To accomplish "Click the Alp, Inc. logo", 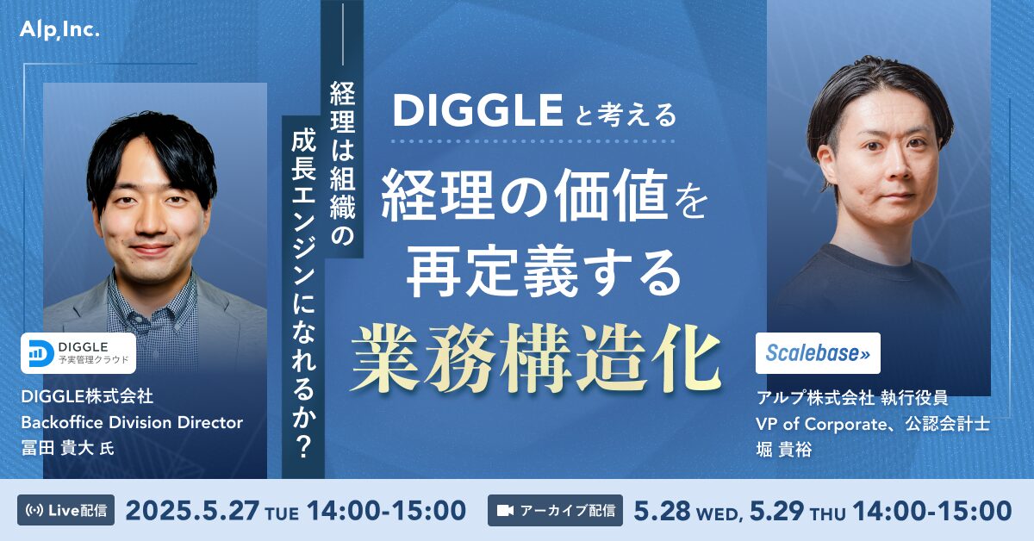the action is click(59, 31).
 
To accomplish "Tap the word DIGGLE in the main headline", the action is click(477, 111).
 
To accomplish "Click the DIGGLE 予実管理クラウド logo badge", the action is click(78, 353).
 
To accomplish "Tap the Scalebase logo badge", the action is click(818, 353).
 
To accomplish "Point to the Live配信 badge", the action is click(66, 510).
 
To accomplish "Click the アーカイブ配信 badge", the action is click(555, 510).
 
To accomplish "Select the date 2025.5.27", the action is click(192, 511).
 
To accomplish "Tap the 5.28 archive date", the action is click(662, 511).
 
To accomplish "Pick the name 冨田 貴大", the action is click(58, 448).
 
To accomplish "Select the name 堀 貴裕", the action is click(784, 449).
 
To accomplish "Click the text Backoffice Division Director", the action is click(132, 422).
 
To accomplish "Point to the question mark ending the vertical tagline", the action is click(303, 446).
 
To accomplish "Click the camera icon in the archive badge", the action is click(506, 511).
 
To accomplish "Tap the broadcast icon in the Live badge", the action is click(34, 511).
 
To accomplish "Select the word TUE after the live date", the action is click(282, 514).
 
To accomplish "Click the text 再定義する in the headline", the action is click(545, 273).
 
